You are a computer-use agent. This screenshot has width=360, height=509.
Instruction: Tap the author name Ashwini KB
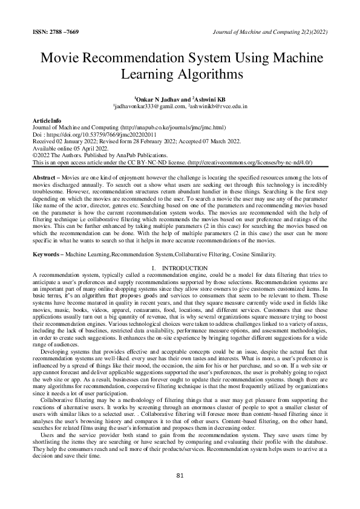[210, 98]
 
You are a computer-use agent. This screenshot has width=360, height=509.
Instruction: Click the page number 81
[180, 476]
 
